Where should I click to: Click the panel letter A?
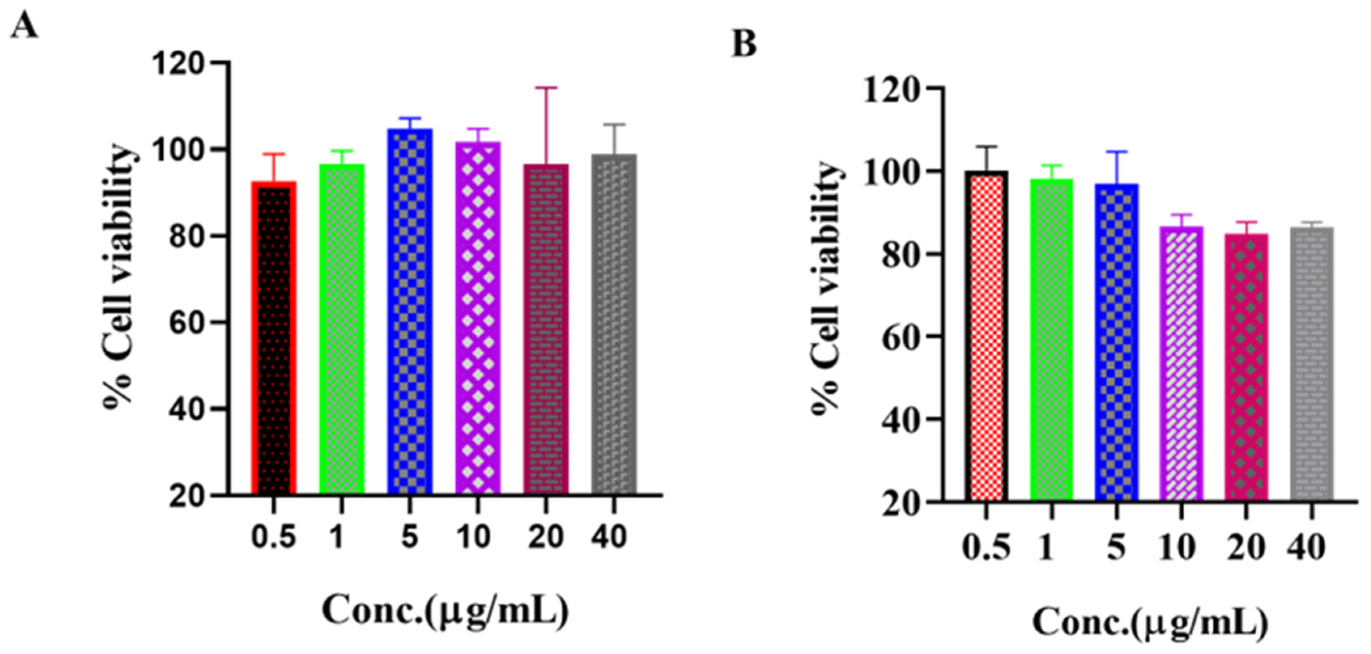click(x=24, y=26)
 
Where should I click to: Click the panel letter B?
click(x=744, y=44)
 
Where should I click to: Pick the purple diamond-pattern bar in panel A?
click(x=477, y=319)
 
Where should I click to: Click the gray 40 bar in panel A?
click(x=614, y=325)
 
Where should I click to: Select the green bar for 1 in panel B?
click(x=1052, y=341)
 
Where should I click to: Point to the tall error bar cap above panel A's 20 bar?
click(x=546, y=88)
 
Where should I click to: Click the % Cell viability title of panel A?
click(x=118, y=277)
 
